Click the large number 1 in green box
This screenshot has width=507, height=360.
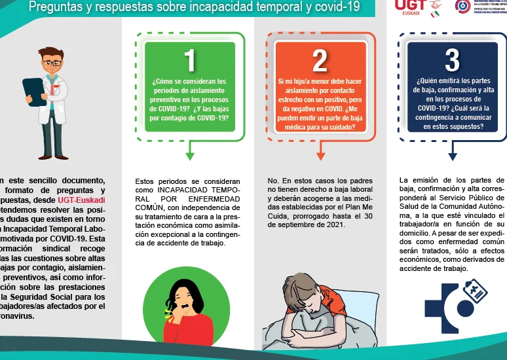[x=190, y=60]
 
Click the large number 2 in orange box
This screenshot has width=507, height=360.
[x=320, y=60]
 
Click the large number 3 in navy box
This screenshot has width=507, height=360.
[x=452, y=60]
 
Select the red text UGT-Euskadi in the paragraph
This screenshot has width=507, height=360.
[x=81, y=200]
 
